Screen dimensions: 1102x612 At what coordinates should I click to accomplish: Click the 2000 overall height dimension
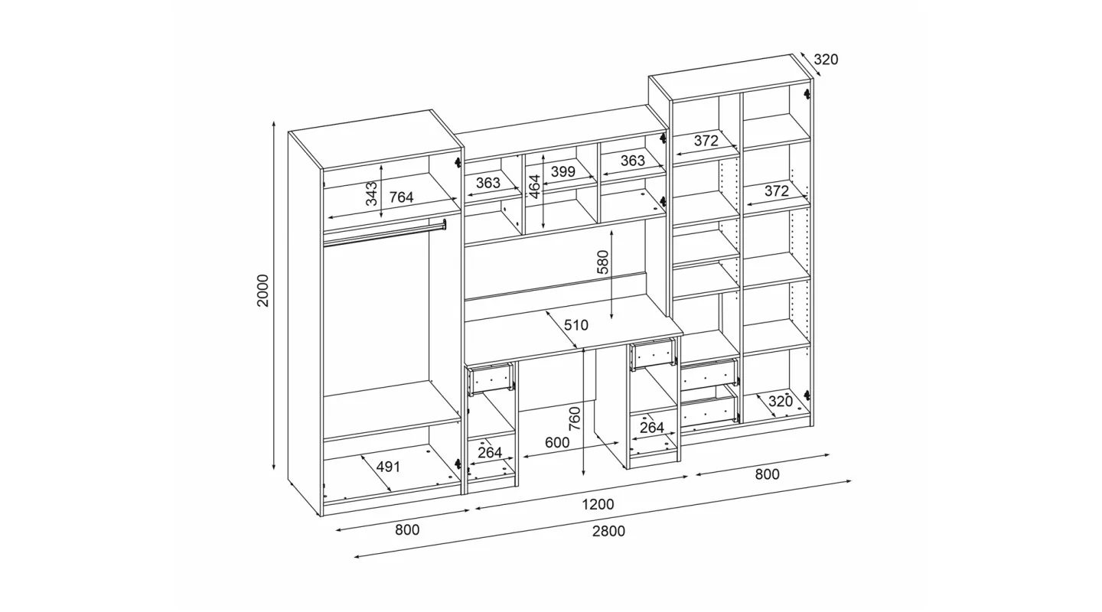click(x=263, y=291)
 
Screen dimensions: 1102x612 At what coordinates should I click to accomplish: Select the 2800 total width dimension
click(x=608, y=532)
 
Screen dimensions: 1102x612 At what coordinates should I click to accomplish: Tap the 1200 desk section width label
click(x=598, y=504)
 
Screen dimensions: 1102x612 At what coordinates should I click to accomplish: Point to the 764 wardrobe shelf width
click(x=402, y=197)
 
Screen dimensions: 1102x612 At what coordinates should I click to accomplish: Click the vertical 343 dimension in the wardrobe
click(x=372, y=194)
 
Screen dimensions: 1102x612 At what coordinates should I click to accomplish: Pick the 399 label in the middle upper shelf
click(x=562, y=171)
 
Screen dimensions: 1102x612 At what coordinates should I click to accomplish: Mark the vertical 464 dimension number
click(x=535, y=186)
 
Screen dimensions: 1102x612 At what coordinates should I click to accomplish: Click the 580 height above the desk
click(x=603, y=262)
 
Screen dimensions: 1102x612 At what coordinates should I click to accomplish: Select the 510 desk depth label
click(x=575, y=325)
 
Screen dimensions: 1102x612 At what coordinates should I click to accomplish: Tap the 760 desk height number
click(x=575, y=419)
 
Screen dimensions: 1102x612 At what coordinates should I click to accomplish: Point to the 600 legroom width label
click(x=557, y=443)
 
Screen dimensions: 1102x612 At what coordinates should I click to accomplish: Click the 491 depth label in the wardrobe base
click(x=388, y=467)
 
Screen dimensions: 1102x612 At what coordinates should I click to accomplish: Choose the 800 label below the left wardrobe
click(x=407, y=530)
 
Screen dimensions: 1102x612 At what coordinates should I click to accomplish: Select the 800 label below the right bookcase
click(x=768, y=474)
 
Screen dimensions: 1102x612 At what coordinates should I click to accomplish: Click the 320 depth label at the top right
click(x=826, y=60)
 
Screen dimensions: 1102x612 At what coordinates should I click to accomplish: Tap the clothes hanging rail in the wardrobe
click(x=384, y=233)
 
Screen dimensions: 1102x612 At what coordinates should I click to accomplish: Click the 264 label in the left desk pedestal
click(x=490, y=453)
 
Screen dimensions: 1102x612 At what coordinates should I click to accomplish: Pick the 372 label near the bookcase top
click(x=706, y=142)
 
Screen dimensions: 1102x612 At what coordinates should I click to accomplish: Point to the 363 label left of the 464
click(x=488, y=183)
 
